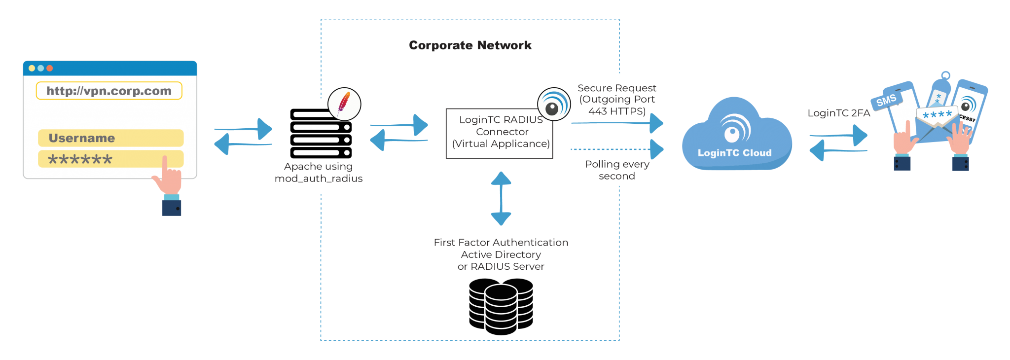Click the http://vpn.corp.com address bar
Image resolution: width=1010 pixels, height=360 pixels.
109,91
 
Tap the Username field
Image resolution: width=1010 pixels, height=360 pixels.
110,138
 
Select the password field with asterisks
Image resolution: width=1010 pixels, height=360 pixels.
110,159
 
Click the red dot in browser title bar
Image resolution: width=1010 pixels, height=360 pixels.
49,68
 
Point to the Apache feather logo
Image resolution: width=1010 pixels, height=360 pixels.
344,104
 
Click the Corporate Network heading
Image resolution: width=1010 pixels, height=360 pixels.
470,45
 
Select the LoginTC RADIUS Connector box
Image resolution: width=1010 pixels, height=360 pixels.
499,133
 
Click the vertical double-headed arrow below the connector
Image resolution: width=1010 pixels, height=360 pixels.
501,198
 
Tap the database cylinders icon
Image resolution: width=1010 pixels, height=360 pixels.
501,306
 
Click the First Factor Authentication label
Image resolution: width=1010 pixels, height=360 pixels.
501,243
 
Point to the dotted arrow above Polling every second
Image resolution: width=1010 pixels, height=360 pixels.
616,149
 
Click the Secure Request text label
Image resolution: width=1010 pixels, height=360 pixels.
616,88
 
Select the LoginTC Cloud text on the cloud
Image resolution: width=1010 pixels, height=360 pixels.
734,153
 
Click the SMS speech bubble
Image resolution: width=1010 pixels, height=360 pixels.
886,100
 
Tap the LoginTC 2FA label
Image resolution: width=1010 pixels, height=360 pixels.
838,113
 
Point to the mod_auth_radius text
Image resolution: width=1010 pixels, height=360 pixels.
319,179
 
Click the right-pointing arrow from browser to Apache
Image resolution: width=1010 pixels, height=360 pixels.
244,129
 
